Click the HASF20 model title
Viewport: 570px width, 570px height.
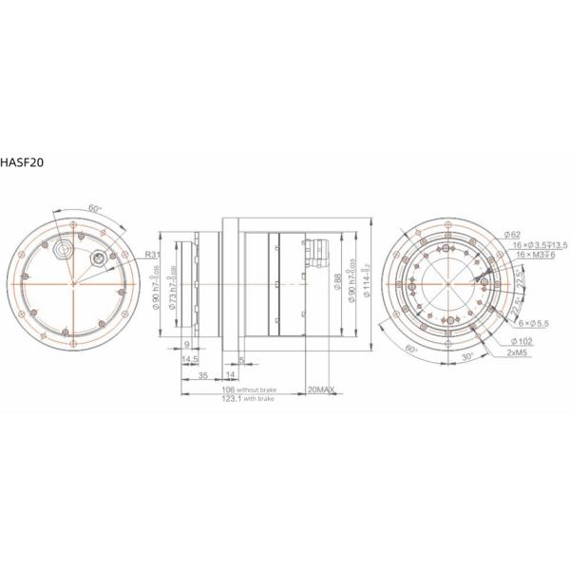[x=20, y=162]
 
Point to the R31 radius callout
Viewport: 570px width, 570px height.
[x=152, y=255]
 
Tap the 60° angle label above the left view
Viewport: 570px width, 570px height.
[x=94, y=207]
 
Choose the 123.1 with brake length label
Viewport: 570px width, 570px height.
[x=245, y=400]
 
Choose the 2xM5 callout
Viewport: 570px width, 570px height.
[x=520, y=352]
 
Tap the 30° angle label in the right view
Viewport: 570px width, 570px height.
[x=466, y=356]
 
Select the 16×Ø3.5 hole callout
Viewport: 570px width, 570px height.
[x=540, y=245]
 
